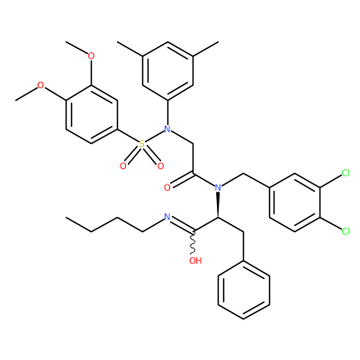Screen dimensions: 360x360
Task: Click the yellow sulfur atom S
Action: click(142, 144)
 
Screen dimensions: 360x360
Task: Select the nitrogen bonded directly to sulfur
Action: click(167, 130)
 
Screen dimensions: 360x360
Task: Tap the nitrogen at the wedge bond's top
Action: click(218, 188)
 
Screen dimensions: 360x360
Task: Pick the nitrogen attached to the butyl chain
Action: click(167, 217)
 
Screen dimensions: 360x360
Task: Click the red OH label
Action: click(195, 260)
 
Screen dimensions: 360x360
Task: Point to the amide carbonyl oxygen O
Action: click(167, 188)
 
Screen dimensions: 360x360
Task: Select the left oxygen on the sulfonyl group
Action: click(123, 166)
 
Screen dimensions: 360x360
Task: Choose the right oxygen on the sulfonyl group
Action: click(161, 166)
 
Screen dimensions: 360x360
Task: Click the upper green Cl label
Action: click(346, 173)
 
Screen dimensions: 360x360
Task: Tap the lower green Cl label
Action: click(346, 231)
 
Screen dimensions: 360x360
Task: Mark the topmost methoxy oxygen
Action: click(91, 56)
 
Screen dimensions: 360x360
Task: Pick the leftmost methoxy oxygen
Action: click(40, 85)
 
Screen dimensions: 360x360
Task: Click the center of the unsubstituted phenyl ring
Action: click(244, 290)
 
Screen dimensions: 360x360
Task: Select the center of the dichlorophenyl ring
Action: click(294, 202)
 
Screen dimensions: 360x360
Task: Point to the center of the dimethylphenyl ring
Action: click(167, 71)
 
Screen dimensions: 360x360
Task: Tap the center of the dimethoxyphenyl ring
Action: click(91, 115)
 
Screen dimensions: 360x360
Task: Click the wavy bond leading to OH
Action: click(193, 244)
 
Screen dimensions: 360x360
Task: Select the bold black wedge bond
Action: click(218, 205)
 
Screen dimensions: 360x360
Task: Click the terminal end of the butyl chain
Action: click(66, 217)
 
